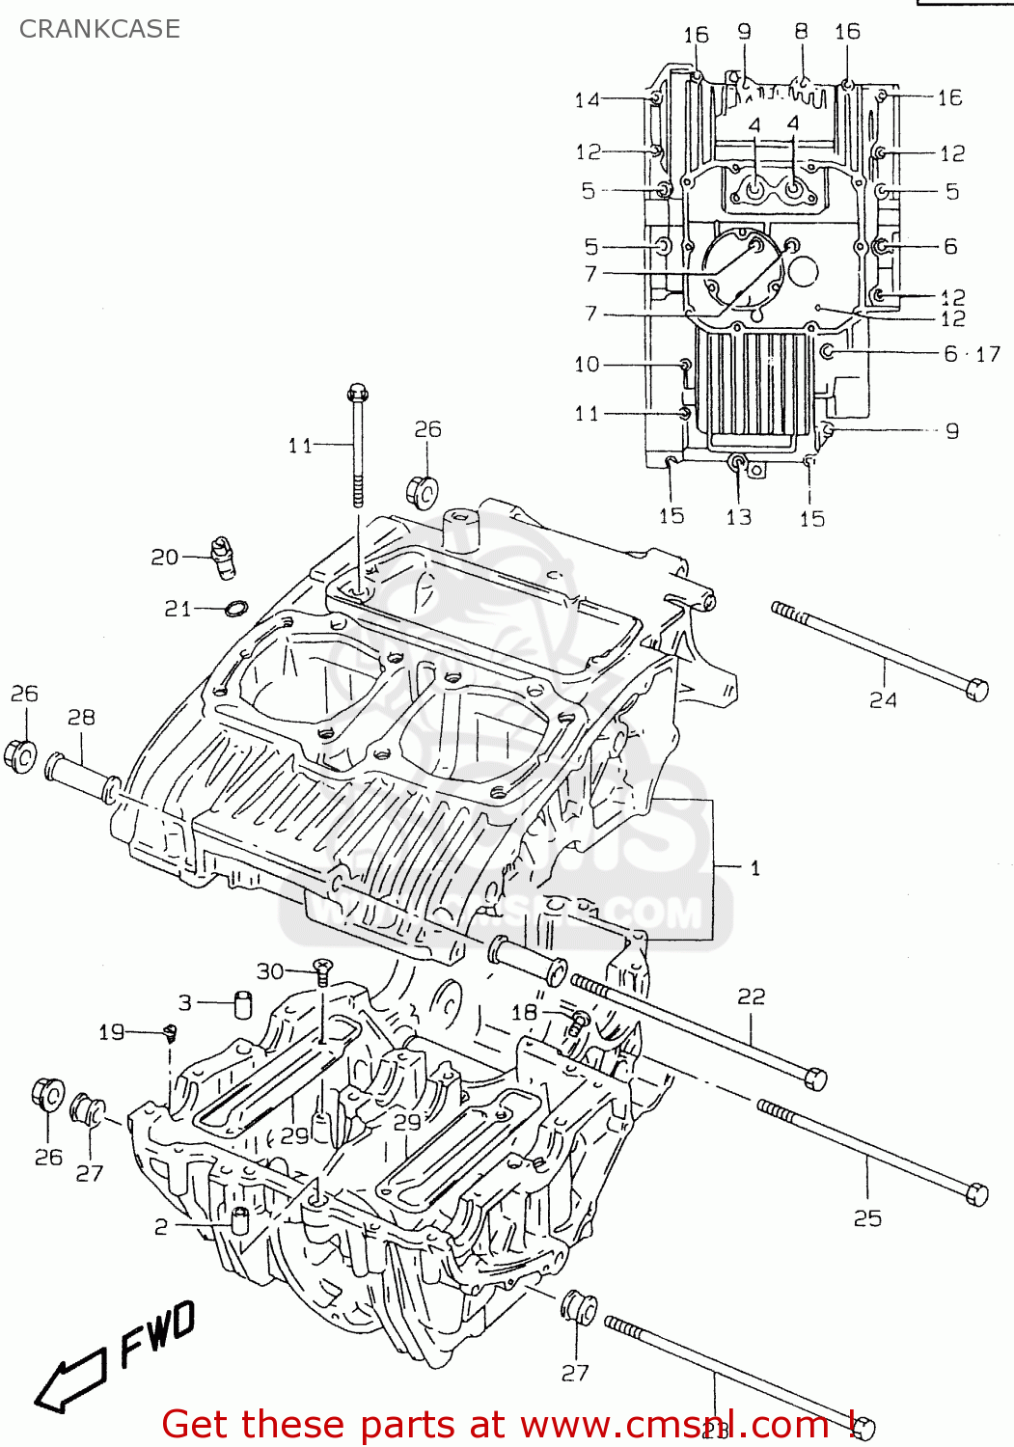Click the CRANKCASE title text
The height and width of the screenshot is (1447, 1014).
[x=99, y=29]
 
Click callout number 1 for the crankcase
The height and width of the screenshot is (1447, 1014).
[x=754, y=868]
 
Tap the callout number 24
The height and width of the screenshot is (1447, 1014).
[x=883, y=700]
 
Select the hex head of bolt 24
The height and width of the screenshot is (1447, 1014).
[x=976, y=689]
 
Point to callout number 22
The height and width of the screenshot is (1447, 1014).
[x=751, y=997]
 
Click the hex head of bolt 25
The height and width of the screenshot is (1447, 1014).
[x=976, y=1193]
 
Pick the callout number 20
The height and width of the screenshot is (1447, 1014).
[x=164, y=557]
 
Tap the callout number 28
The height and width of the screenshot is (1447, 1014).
[x=81, y=717]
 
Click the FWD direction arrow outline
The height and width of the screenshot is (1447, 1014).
[x=69, y=1380]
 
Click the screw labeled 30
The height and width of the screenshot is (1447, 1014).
[x=322, y=968]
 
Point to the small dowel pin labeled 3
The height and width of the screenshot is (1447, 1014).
[x=242, y=1003]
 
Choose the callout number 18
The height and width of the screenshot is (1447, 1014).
[x=524, y=1012]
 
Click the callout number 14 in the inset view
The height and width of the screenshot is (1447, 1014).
[x=587, y=99]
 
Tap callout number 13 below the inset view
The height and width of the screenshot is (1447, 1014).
[x=738, y=517]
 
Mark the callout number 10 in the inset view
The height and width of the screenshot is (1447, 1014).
[x=587, y=364]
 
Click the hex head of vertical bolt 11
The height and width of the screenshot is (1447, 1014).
[x=357, y=393]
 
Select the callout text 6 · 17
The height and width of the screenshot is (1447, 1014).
[x=972, y=354]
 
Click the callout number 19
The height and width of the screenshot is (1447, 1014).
[x=111, y=1032]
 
